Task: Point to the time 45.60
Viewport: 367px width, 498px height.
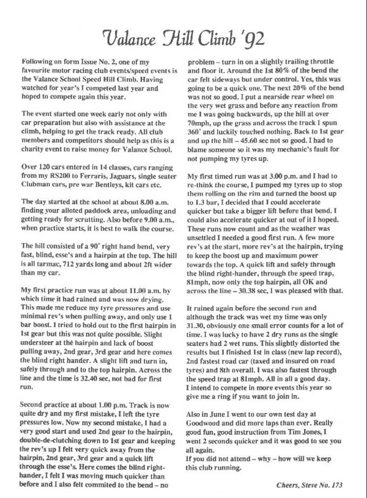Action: (x=252, y=139)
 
